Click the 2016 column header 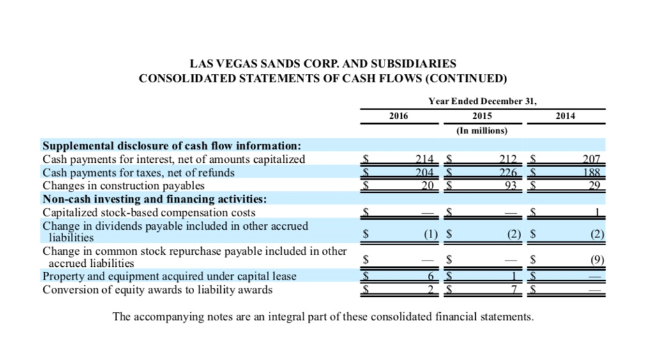coord(399,116)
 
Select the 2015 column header coord(482,116)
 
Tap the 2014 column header coord(565,116)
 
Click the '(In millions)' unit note coord(482,131)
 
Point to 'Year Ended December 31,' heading coord(482,101)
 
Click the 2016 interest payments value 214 coord(424,160)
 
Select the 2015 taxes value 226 coord(509,172)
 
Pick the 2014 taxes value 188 coord(593,172)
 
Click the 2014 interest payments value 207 coord(593,160)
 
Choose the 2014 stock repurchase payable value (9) coord(597,260)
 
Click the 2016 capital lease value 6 coord(431,276)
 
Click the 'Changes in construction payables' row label coord(123,186)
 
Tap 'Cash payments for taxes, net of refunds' coord(138,172)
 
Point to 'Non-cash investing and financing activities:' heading coord(154,199)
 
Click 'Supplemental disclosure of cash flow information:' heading coord(171,146)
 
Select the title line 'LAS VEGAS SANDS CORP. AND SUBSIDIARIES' coord(323,64)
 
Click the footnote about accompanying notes coord(323,317)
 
